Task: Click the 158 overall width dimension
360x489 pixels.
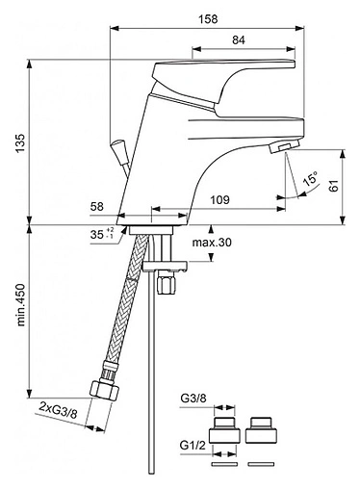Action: coord(208,19)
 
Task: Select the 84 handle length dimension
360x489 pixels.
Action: coord(239,40)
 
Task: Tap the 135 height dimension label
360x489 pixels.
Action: coord(20,143)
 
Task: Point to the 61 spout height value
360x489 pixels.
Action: coord(334,186)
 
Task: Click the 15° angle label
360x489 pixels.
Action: coord(311,178)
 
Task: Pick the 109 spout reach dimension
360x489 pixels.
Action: coord(219,200)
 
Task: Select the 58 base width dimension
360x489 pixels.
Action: coord(97,206)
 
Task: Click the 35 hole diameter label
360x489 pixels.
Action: coord(96,235)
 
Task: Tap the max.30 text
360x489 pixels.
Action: coord(212,243)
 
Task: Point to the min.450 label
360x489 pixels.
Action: coord(20,305)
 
